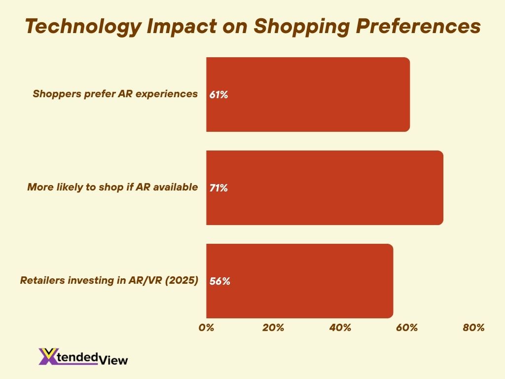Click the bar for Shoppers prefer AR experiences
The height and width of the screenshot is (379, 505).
pos(308,94)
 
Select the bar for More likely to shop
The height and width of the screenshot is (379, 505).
pos(325,188)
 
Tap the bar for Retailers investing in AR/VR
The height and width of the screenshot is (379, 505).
pos(299,281)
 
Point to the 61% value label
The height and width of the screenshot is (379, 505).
pos(218,95)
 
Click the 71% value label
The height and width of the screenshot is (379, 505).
pos(218,188)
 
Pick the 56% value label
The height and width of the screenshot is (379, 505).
pos(219,281)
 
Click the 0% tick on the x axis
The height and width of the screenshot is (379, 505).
pos(206,328)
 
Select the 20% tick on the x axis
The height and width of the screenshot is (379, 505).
pos(273,328)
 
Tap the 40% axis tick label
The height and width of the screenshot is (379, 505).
pos(340,328)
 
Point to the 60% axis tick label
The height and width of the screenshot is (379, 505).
pos(407,328)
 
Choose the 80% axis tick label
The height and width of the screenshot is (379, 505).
pos(474,328)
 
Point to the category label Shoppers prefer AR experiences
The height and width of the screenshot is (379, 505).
pos(115,94)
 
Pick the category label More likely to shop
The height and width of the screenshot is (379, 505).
pos(112,187)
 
